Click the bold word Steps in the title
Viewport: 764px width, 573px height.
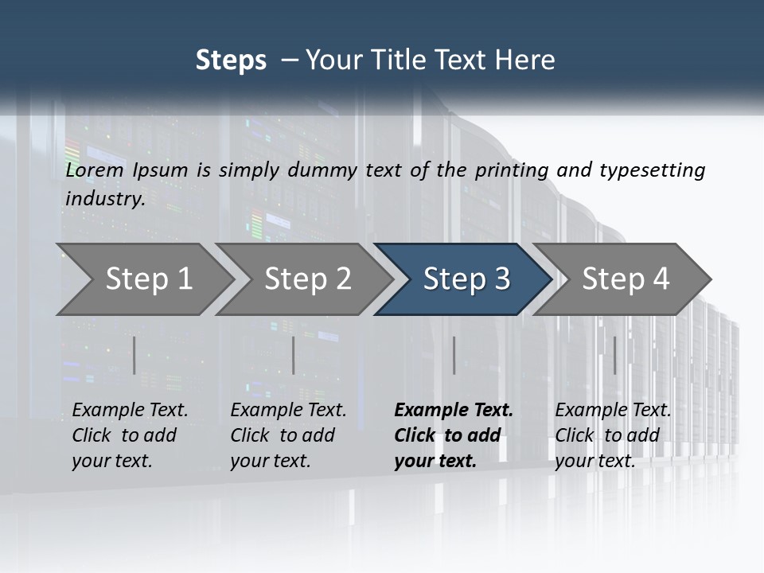click(x=231, y=60)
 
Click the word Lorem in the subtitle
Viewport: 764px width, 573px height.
click(x=95, y=170)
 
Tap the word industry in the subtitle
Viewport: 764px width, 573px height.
click(x=105, y=199)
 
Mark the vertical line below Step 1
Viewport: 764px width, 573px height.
click(x=134, y=355)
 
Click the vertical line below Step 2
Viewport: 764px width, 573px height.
click(x=294, y=355)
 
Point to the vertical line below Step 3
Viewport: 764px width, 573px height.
click(x=454, y=355)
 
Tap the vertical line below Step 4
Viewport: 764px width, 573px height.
click(x=614, y=355)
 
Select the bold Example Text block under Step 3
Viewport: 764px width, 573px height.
click(x=454, y=435)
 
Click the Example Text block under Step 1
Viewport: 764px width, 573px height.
click(x=130, y=435)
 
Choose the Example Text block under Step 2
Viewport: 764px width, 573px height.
click(x=288, y=435)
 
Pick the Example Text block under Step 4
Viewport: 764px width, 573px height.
click(x=613, y=435)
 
